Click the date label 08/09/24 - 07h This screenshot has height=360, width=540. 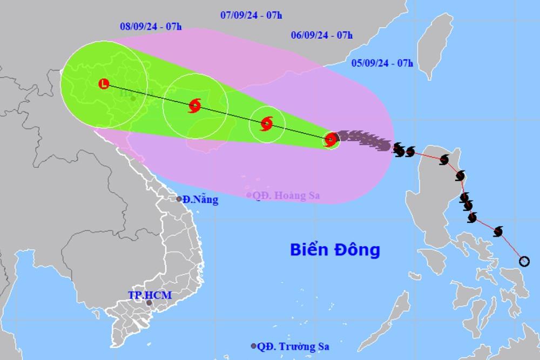point(147,25)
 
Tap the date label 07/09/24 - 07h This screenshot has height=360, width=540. point(251,15)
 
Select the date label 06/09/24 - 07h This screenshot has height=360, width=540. point(322,36)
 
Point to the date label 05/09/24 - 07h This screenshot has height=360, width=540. point(382,63)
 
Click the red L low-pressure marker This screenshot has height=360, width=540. point(104,84)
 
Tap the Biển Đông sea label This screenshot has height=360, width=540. point(335,250)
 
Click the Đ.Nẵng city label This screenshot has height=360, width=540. point(200,200)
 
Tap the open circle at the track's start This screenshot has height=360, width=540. point(524,262)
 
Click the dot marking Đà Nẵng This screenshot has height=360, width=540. point(179,199)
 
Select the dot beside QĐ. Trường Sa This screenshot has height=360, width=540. point(253,346)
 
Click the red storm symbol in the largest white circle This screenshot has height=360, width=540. point(194,106)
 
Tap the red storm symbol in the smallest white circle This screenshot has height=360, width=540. point(267,124)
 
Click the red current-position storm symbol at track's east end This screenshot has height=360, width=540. point(330,140)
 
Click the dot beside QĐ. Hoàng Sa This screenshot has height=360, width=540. point(248,195)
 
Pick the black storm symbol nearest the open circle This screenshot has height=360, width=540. point(498,232)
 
